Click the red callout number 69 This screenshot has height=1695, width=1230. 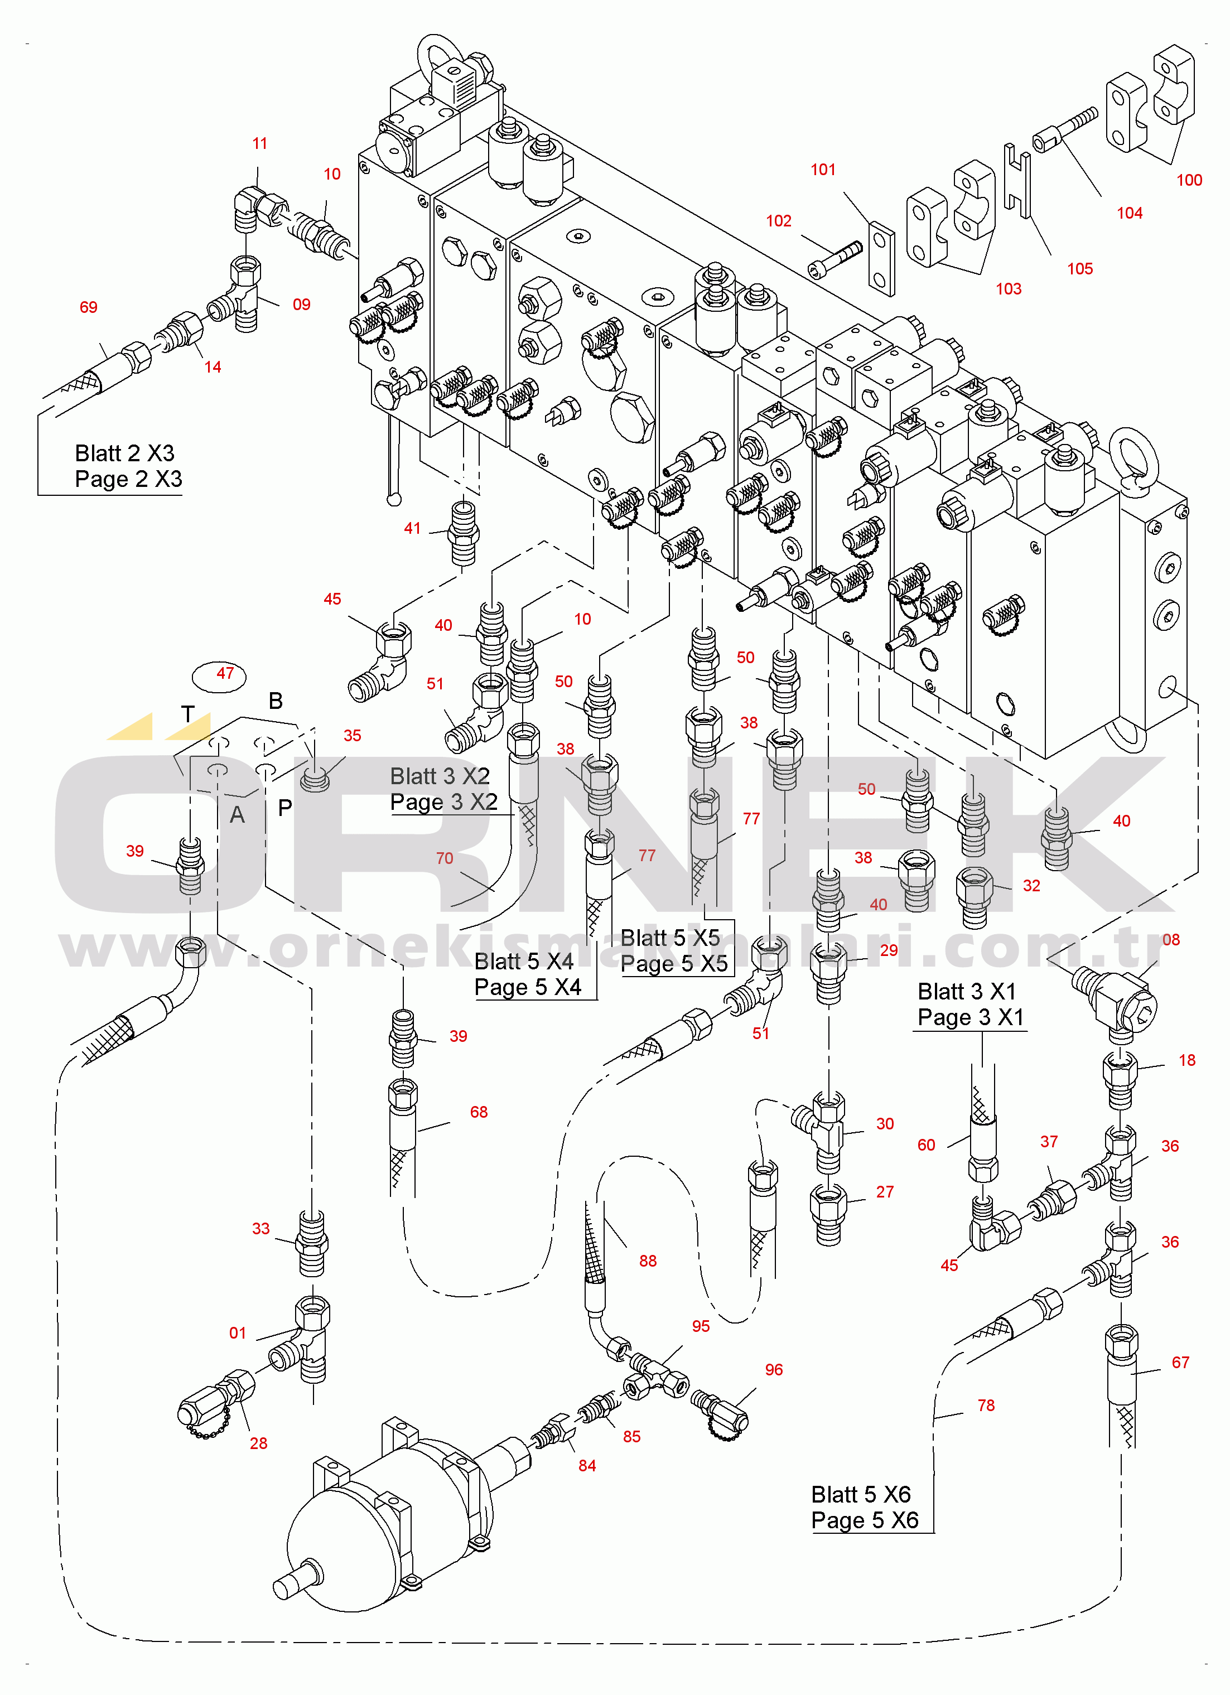(88, 307)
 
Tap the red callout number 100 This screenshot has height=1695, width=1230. (1189, 180)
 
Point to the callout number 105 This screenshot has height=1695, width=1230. (1080, 269)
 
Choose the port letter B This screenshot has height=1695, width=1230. (276, 701)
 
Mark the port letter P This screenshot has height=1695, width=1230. (284, 808)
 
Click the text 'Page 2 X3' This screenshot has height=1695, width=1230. (128, 479)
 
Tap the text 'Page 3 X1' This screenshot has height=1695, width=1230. (970, 1017)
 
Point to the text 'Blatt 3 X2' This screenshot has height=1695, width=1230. (440, 776)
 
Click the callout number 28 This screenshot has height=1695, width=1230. (259, 1443)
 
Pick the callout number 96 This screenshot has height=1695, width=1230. (773, 1370)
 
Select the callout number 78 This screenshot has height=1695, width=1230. (986, 1406)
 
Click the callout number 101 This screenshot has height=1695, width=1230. (823, 170)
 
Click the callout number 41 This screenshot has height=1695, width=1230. (412, 528)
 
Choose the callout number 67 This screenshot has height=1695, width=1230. (1180, 1363)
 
